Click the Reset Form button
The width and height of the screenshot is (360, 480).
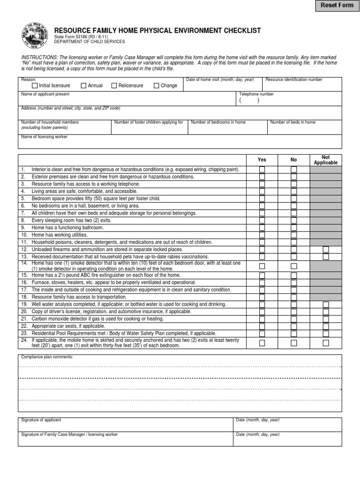click(x=337, y=6)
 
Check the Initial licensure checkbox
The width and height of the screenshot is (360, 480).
click(x=35, y=86)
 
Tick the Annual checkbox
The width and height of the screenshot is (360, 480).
click(x=83, y=86)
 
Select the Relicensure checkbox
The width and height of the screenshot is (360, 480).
click(x=114, y=86)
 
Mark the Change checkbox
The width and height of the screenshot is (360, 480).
click(x=157, y=86)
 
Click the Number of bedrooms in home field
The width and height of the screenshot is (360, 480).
click(x=227, y=129)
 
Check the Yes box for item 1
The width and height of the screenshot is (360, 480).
click(x=262, y=170)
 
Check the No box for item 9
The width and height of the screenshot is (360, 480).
click(x=294, y=228)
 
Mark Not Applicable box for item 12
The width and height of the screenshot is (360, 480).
click(x=326, y=250)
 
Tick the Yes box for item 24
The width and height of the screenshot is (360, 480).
click(x=262, y=343)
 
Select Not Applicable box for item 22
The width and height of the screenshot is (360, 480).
click(x=326, y=326)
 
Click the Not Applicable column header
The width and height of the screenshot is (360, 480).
click(x=326, y=160)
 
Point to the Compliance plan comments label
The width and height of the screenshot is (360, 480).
click(x=47, y=357)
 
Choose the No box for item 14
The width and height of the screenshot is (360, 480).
click(x=294, y=266)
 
